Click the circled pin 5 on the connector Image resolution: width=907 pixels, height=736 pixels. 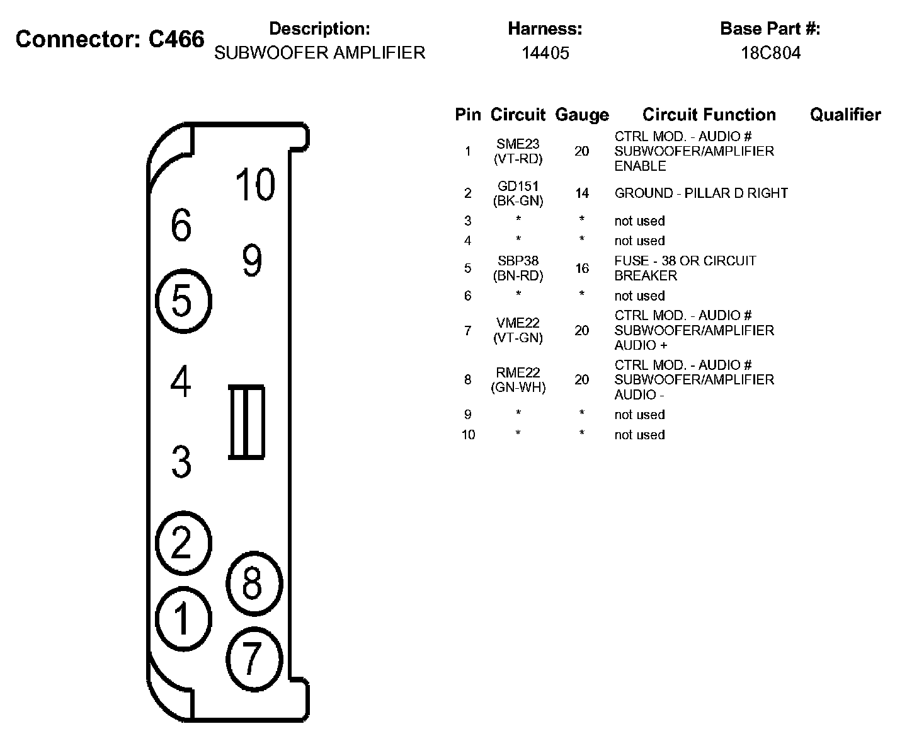[x=183, y=301]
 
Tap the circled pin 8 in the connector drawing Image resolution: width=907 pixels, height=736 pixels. [x=253, y=584]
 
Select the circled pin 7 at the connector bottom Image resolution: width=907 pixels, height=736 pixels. [x=253, y=658]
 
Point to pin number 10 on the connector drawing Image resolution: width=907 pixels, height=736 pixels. [x=255, y=185]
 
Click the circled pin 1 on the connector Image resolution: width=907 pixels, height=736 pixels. [x=183, y=618]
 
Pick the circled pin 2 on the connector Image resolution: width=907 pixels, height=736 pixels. [x=183, y=543]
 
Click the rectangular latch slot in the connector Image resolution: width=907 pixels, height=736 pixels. [x=246, y=422]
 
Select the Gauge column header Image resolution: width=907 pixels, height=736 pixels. [x=581, y=115]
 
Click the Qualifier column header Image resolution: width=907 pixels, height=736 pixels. [x=845, y=115]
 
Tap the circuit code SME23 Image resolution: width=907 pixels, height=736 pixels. [x=518, y=144]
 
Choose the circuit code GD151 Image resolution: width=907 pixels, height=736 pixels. [x=518, y=187]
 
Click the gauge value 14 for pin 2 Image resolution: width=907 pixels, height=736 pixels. [x=581, y=193]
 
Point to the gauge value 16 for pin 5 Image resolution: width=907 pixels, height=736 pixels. [x=581, y=268]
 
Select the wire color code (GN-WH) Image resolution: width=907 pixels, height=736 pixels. [x=518, y=388]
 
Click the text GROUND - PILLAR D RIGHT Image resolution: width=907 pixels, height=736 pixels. [x=701, y=193]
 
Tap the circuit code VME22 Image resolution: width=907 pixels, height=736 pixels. [x=518, y=323]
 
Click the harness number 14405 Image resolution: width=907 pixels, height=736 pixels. [x=545, y=53]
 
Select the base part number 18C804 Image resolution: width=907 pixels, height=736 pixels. [x=770, y=53]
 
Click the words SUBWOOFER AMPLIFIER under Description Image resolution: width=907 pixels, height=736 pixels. [x=320, y=53]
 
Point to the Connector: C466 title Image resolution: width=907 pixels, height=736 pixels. [x=110, y=39]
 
